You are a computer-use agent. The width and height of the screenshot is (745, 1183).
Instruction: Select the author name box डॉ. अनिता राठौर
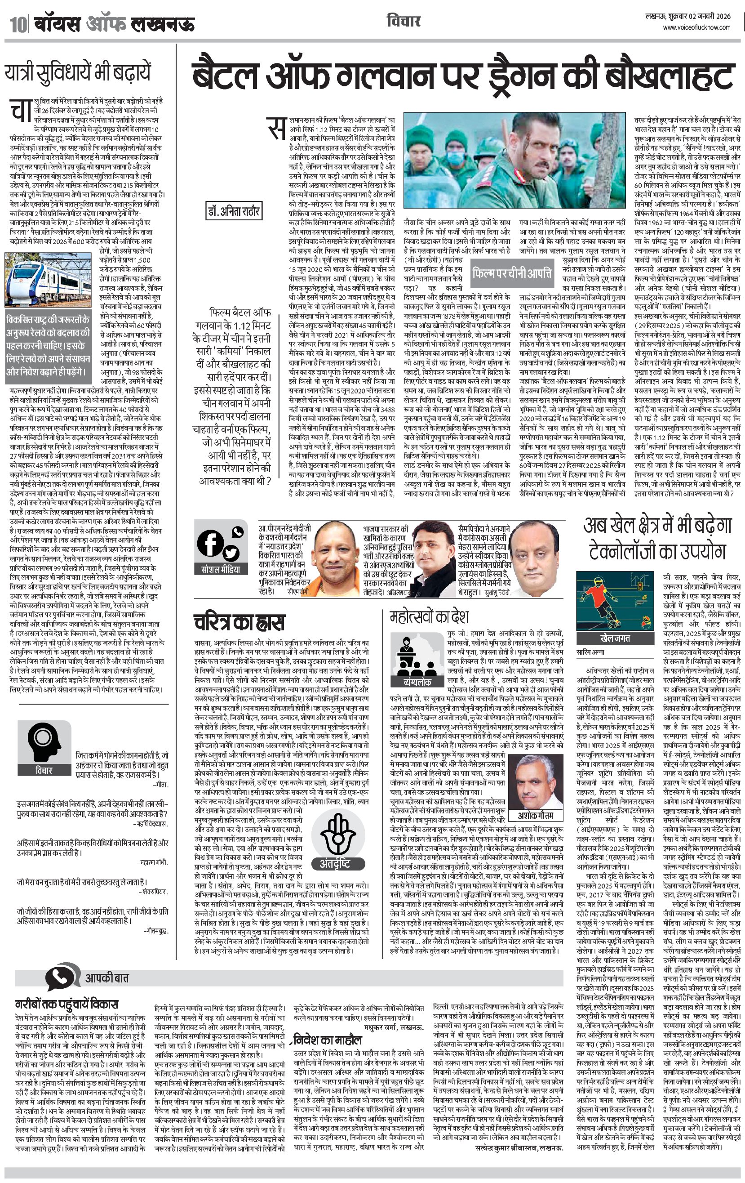(x=233, y=212)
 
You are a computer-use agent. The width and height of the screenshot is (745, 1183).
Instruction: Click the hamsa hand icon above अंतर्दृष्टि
(x=338, y=836)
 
